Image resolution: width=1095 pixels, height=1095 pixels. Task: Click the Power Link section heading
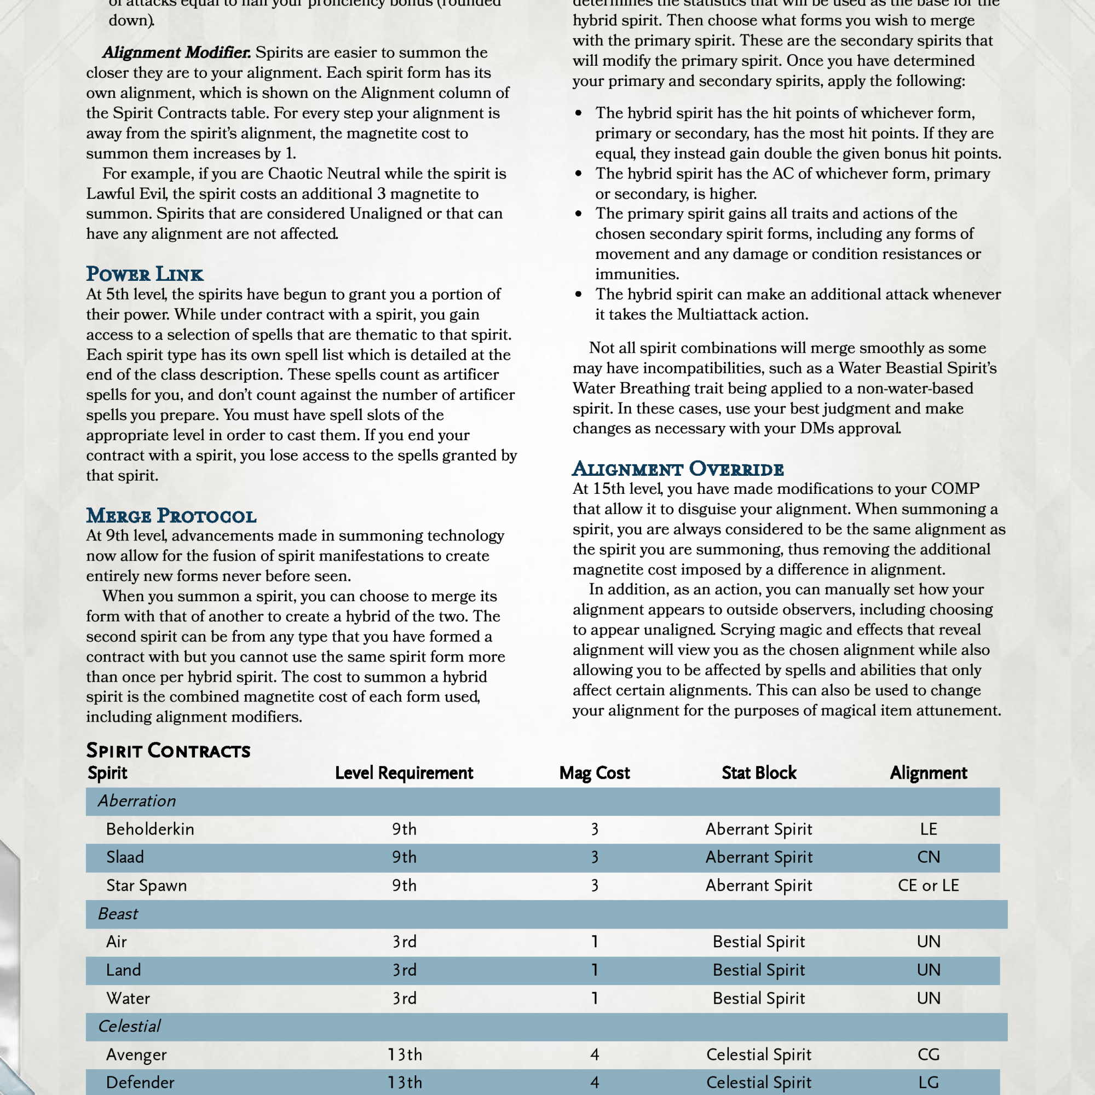(x=145, y=274)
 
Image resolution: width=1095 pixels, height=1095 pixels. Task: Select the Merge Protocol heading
(x=171, y=516)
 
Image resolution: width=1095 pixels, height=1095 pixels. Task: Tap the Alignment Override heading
(x=678, y=469)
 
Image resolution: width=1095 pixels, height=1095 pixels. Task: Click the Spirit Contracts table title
(x=168, y=751)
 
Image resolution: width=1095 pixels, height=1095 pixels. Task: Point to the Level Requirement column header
(x=404, y=773)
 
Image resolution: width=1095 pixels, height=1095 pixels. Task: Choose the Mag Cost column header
(x=594, y=773)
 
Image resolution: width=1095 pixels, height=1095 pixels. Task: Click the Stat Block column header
(x=759, y=773)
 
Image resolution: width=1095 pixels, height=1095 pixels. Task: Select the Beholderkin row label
(x=149, y=829)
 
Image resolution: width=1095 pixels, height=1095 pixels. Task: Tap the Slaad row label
(x=125, y=857)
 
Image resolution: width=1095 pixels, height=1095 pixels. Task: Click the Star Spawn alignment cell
(x=929, y=885)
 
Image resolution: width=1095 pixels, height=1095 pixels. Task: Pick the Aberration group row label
(x=136, y=801)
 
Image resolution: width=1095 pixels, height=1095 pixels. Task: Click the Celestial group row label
(x=129, y=1027)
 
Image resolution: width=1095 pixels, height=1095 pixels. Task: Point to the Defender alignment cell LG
(x=929, y=1082)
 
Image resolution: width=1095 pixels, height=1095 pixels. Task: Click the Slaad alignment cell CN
(x=929, y=857)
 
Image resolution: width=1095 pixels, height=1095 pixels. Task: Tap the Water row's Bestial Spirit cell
(x=758, y=998)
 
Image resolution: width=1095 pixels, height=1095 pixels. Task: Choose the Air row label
(x=116, y=941)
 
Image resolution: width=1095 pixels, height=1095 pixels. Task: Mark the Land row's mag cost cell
(x=595, y=970)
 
